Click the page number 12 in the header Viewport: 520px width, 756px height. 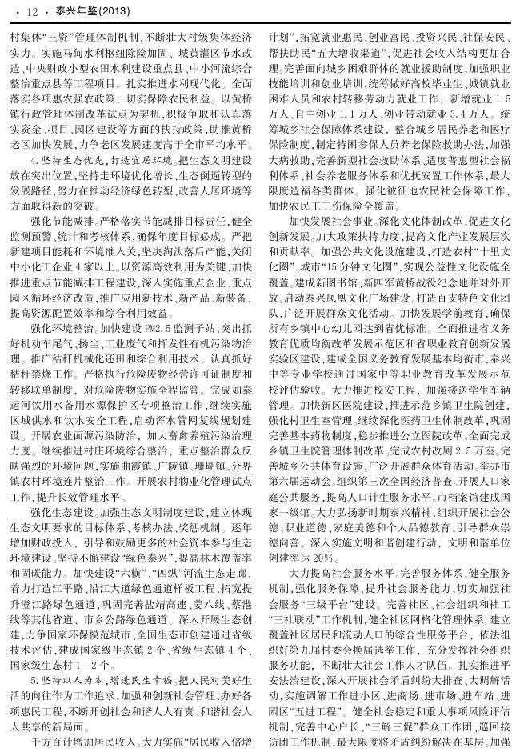33,12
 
